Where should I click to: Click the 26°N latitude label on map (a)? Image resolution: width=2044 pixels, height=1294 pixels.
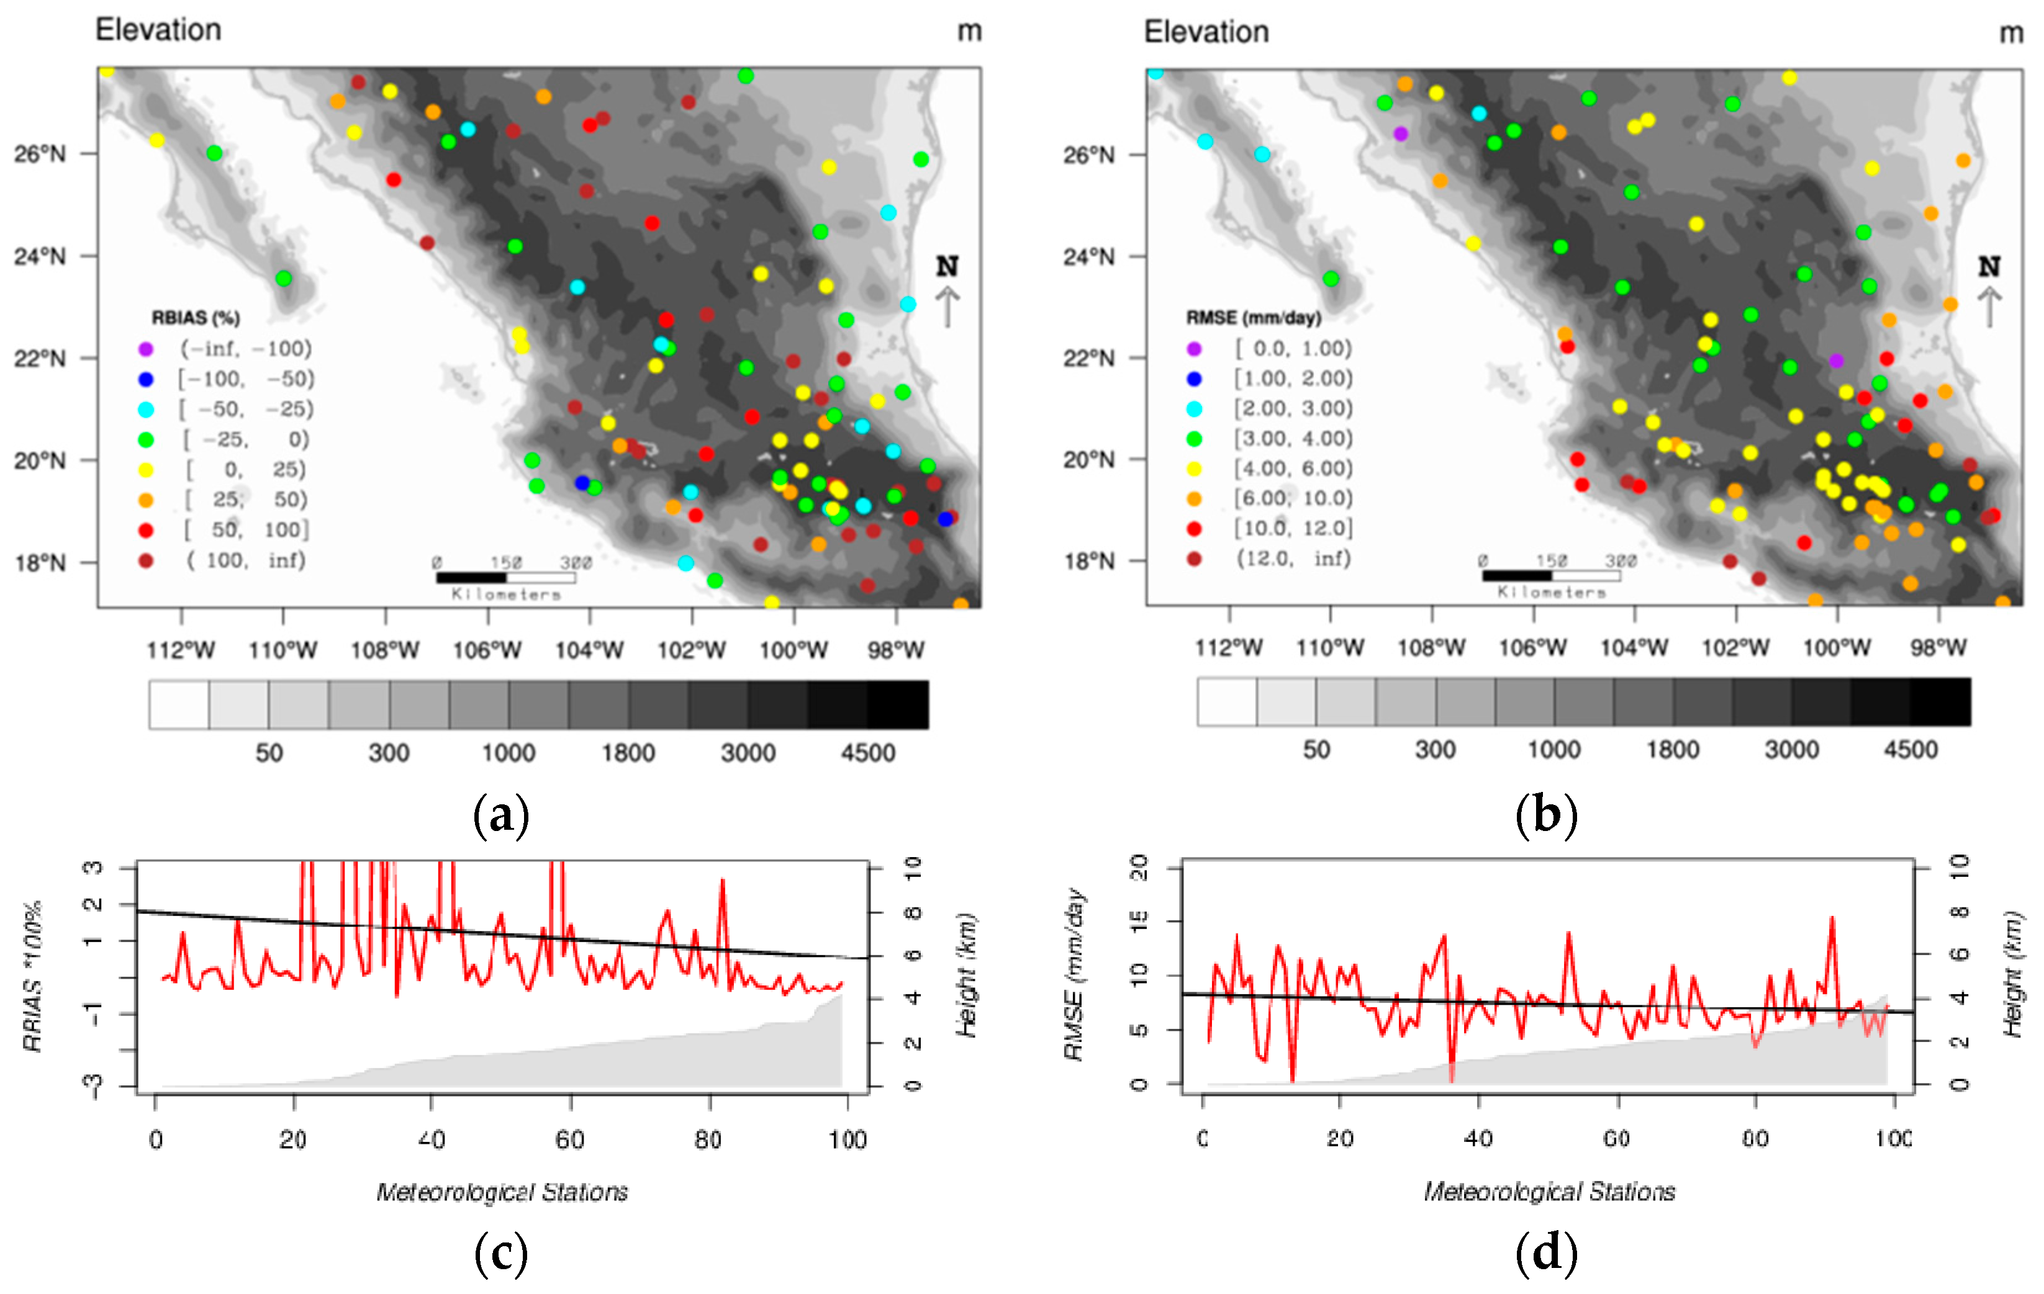[39, 153]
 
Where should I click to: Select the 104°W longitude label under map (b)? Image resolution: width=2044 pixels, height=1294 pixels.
[1634, 649]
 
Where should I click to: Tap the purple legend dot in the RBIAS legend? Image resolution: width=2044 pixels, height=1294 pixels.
[146, 349]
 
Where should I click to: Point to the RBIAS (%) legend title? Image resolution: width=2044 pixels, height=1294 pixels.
[195, 317]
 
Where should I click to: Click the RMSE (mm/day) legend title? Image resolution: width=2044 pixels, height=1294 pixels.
[1253, 317]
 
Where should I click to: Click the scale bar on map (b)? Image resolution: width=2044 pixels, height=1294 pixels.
[1551, 575]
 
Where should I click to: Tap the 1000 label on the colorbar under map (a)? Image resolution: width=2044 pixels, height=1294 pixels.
[509, 753]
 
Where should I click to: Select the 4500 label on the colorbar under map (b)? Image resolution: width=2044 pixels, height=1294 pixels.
[1910, 750]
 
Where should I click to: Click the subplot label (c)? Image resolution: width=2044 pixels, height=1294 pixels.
[501, 1252]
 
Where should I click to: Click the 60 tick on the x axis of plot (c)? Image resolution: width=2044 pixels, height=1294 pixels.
[569, 1139]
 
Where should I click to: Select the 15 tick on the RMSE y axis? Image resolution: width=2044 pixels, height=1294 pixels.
[1139, 920]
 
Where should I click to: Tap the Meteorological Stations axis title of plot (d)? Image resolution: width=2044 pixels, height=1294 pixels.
[1549, 1192]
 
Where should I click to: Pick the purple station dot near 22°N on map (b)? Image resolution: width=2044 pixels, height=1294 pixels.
[1836, 361]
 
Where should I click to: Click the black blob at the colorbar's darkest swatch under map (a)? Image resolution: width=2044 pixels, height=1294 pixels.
[898, 704]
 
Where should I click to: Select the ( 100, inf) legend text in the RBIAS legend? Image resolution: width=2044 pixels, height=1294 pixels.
[246, 560]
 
